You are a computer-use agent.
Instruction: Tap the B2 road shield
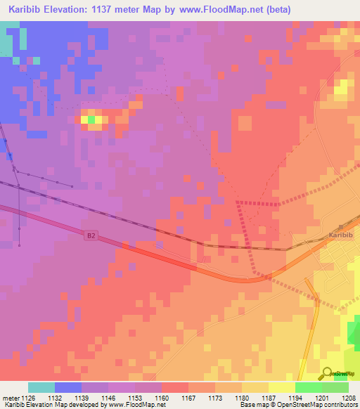click(90, 236)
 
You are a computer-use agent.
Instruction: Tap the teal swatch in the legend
click(41, 387)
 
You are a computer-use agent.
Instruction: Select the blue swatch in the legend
click(68, 387)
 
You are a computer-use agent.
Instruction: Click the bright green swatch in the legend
click(309, 387)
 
